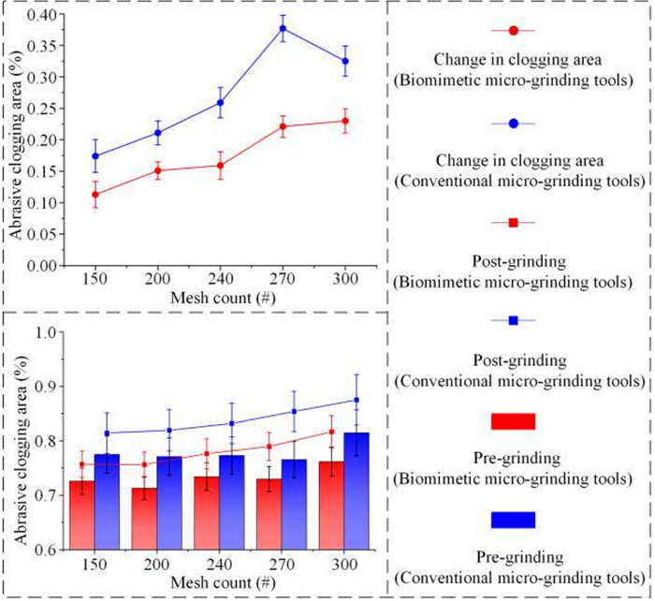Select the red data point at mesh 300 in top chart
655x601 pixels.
(345, 121)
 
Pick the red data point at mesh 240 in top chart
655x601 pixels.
(220, 166)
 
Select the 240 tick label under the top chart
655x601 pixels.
(220, 281)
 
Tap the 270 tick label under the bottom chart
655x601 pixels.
(283, 564)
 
